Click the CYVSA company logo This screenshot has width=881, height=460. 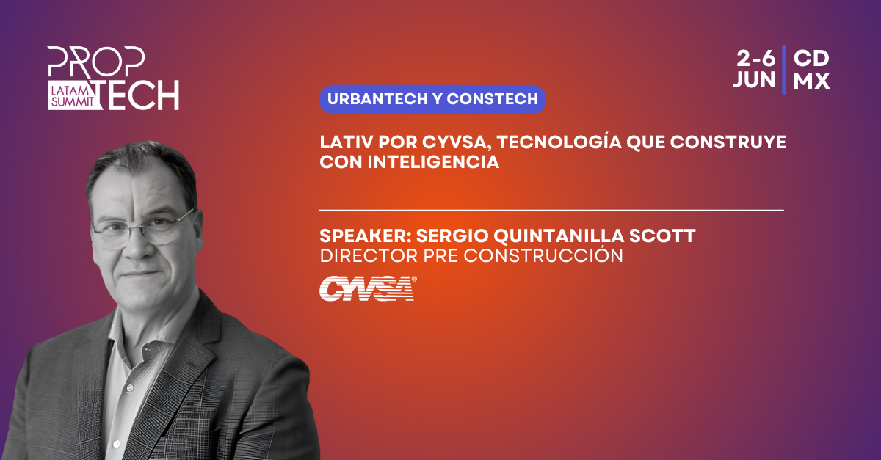368,288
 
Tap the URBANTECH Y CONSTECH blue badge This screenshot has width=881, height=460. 432,100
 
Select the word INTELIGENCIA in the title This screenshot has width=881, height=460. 433,162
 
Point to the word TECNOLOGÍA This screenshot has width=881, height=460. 559,142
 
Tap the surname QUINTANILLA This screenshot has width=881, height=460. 559,236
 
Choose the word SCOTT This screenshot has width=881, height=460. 662,236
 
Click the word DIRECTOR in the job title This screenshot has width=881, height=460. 369,256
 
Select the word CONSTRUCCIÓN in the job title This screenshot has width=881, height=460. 543,255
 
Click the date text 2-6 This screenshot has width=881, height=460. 755,59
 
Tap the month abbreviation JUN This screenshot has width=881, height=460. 754,80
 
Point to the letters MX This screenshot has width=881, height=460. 811,80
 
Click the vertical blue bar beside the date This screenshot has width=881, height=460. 784,70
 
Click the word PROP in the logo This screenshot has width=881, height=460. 96,62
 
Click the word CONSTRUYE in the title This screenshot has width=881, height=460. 728,142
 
